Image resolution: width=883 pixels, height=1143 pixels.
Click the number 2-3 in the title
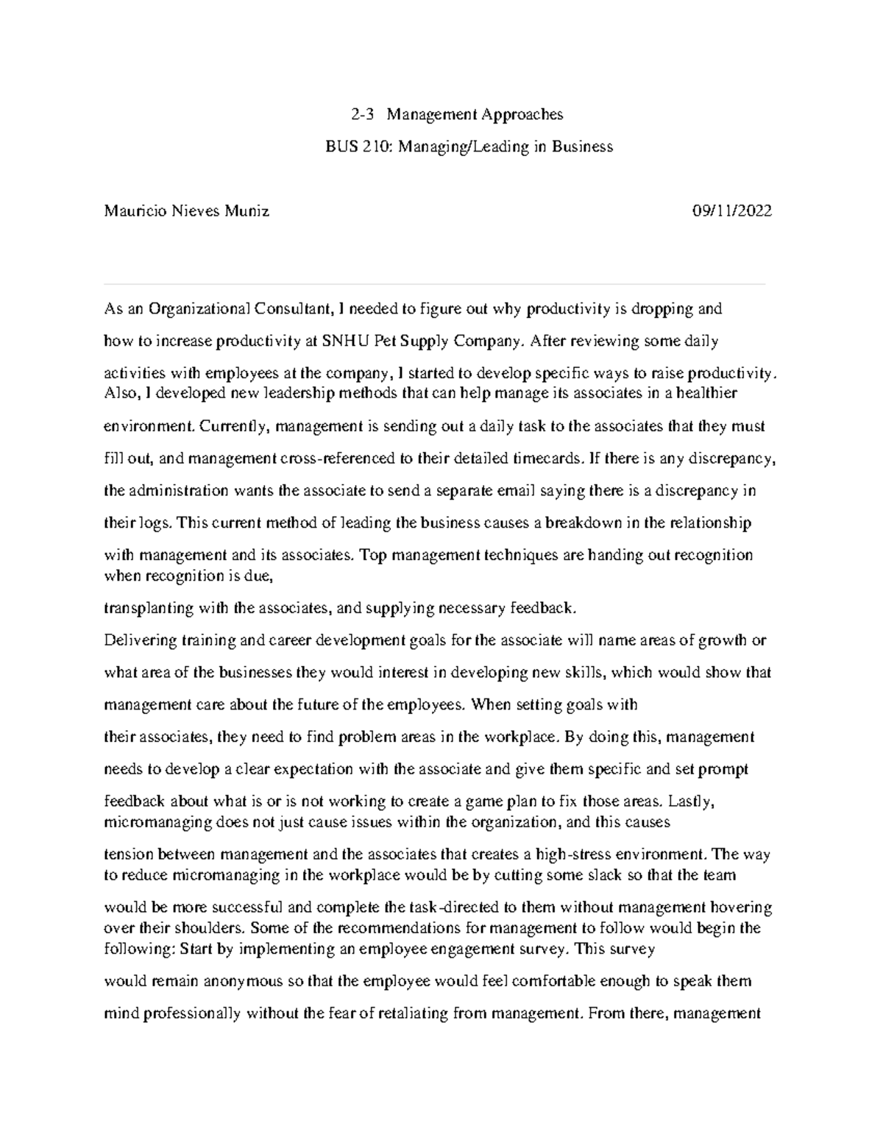(362, 114)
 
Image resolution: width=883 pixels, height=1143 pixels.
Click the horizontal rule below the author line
(434, 283)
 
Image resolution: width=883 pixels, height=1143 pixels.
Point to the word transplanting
(147, 608)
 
